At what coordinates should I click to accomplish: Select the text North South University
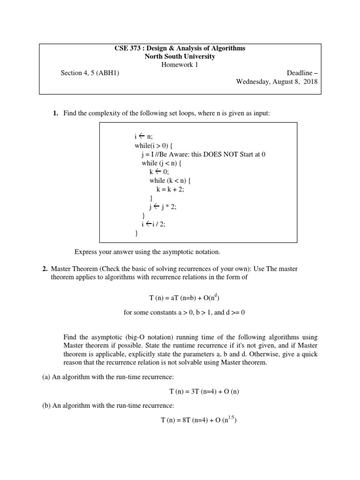tap(180, 57)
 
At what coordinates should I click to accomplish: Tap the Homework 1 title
tap(180, 65)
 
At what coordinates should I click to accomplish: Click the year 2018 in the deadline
tap(310, 81)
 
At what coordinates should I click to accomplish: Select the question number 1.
tap(55, 113)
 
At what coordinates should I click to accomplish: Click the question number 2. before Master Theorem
tap(45, 269)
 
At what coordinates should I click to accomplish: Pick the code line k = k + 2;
tap(174, 189)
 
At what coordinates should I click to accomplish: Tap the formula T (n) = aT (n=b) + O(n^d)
tap(180, 297)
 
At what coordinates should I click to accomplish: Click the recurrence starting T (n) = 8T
tap(199, 420)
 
